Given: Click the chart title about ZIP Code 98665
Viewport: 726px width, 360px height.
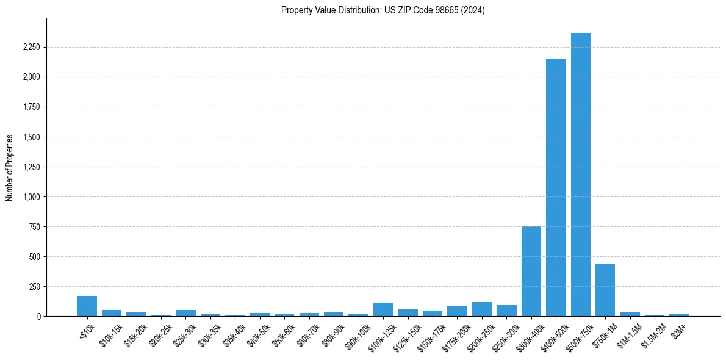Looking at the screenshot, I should coord(383,10).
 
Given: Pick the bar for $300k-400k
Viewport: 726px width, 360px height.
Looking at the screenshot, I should coord(531,272).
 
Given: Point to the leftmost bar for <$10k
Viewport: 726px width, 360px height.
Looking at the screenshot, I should coord(87,306).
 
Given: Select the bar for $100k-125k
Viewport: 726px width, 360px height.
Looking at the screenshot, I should coord(383,309).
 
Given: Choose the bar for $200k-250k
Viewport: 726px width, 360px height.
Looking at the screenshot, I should coord(481,309).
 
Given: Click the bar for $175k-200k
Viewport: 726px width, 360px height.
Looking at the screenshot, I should coord(457,311).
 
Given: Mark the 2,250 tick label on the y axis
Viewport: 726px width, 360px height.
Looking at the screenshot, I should coord(31,48).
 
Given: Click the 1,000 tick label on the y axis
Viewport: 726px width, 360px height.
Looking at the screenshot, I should coord(31,197).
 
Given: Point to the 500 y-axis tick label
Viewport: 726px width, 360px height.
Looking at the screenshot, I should coord(34,257).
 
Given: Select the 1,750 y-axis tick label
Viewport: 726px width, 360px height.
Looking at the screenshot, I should coord(31,107).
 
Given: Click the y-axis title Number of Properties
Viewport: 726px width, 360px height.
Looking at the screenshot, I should coord(10,167).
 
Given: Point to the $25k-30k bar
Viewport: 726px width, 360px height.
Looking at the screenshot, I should coord(185,313).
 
